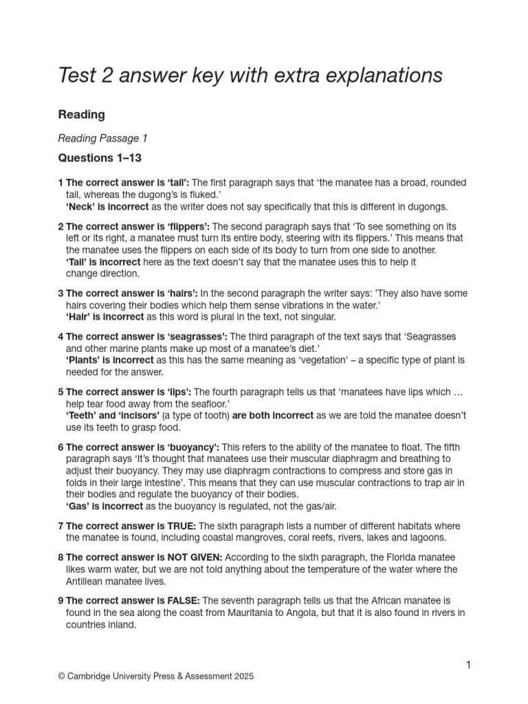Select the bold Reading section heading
[81, 114]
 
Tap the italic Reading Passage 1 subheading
[102, 138]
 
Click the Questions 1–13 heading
[100, 158]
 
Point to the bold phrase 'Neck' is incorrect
[107, 206]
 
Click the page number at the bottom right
[468, 664]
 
